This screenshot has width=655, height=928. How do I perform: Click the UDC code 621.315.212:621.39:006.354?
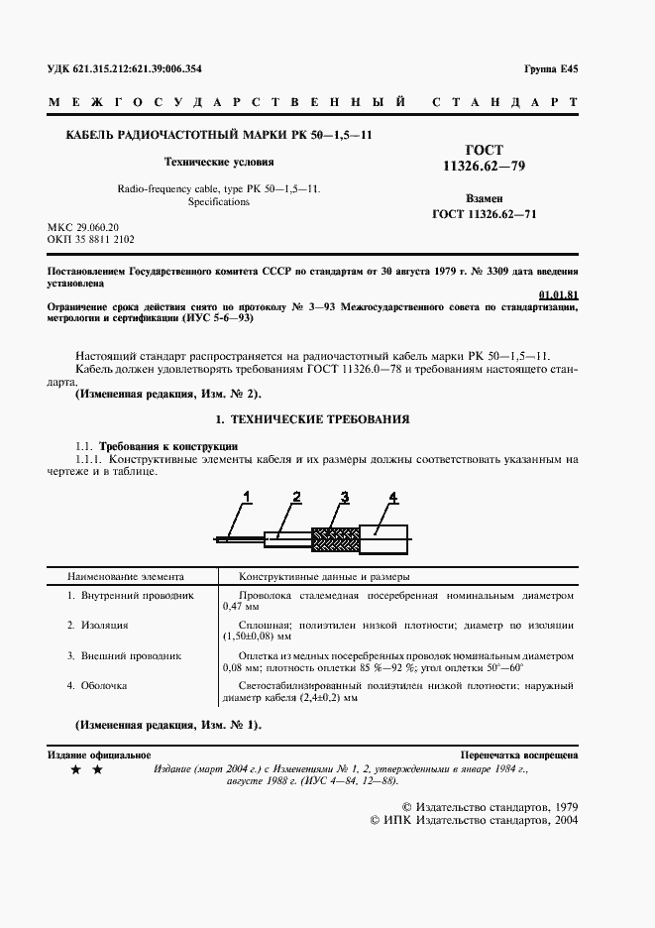[x=124, y=68]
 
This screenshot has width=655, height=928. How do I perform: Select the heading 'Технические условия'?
[x=219, y=161]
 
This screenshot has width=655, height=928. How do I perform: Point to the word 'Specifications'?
[x=219, y=201]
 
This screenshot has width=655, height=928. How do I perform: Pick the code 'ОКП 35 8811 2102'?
[x=91, y=240]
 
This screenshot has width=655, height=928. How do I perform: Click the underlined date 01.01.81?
[x=558, y=294]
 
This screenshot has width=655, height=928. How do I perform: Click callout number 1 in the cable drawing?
[x=248, y=496]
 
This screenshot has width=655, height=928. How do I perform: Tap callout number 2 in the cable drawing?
[x=295, y=496]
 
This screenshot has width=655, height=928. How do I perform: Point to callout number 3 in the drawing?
[x=344, y=496]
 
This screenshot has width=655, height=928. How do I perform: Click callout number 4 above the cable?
[x=391, y=496]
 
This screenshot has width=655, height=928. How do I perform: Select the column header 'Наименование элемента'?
[x=125, y=576]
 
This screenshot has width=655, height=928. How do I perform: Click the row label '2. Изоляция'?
[x=98, y=626]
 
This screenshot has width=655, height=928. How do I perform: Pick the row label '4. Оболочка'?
[x=98, y=685]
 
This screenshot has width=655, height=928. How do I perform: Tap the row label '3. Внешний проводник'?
[x=124, y=655]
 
